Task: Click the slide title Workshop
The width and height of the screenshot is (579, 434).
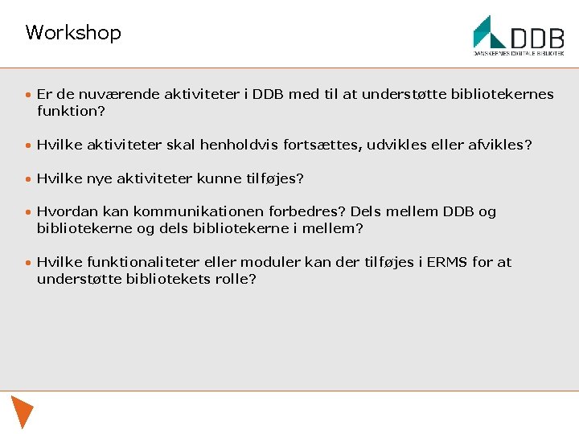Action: click(73, 33)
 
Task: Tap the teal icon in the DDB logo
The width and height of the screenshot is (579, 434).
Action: click(488, 32)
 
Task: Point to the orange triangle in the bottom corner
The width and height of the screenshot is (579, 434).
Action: click(22, 411)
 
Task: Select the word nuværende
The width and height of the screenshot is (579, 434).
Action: click(116, 95)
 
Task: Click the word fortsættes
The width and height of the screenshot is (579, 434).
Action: click(316, 145)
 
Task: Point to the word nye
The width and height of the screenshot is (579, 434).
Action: click(99, 178)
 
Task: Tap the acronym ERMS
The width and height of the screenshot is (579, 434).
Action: click(440, 262)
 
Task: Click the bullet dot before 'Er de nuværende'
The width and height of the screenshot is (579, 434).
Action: click(28, 96)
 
